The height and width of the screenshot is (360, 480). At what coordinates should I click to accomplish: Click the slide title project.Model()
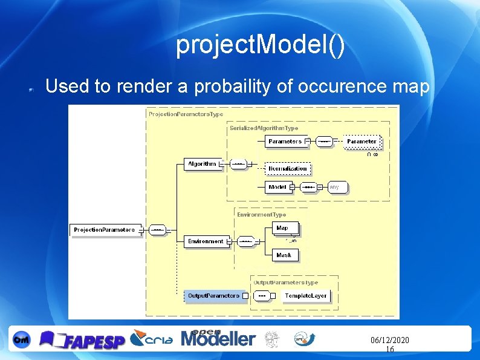coord(260,46)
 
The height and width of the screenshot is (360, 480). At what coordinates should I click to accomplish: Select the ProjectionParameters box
coord(105,230)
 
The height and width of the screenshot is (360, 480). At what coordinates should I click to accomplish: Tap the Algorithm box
coord(202,164)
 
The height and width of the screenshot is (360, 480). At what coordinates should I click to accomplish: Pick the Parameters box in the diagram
coord(285,142)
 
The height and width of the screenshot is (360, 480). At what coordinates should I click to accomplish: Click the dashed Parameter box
coord(362,142)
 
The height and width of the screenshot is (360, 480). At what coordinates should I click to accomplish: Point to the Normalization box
coord(288,168)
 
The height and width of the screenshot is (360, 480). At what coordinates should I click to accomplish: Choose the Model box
coord(277,188)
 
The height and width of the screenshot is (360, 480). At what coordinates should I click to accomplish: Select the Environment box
coord(206,241)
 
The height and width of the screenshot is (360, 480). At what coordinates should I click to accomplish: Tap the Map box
coord(282,228)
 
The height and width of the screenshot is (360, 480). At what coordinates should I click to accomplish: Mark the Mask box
coord(284,255)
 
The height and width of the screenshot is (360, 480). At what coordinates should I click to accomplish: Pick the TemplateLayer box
coord(306,296)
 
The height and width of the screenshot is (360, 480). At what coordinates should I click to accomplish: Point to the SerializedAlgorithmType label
coord(264,128)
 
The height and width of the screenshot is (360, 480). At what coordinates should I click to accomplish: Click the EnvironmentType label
coord(261,215)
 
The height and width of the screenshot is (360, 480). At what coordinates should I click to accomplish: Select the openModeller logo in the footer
coord(218,338)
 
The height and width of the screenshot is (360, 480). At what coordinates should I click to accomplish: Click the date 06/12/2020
coord(389,341)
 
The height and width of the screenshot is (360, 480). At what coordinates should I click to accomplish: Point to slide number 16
coord(389,350)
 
